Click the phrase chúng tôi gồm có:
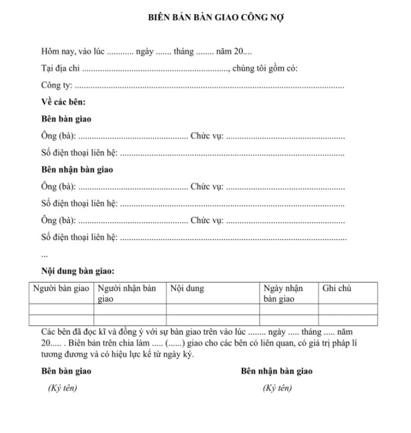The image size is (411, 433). point(265,69)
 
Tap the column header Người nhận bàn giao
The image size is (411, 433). point(127,294)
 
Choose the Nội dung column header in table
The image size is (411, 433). point(187,289)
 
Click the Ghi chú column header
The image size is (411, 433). point(337,289)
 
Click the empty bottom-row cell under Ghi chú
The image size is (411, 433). point(348,320)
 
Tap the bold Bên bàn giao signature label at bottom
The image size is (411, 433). point(66,371)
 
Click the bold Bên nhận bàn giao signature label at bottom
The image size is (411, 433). point(277,371)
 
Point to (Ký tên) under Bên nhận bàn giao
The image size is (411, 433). point(277,388)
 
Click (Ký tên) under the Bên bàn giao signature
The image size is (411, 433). point(62,388)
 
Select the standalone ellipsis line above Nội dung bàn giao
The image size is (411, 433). point(45,255)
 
